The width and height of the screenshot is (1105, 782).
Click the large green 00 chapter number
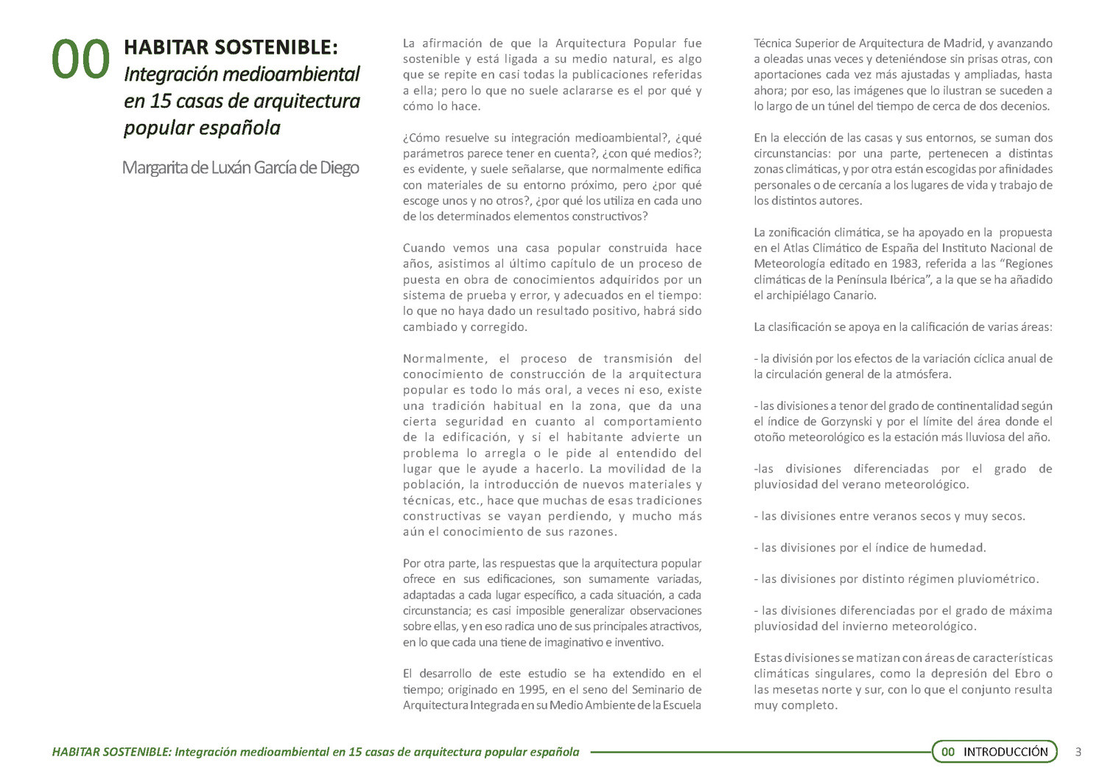point(80,60)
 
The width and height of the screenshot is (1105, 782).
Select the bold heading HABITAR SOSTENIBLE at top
point(231,47)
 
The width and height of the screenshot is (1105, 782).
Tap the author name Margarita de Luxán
point(240,168)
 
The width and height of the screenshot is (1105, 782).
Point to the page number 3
point(1078,752)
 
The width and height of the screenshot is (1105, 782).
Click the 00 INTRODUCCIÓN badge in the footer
point(994,752)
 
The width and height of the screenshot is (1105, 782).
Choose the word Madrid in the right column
point(955,43)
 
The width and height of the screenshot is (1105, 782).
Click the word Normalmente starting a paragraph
point(445,359)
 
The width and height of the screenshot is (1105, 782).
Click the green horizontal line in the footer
point(759,753)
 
